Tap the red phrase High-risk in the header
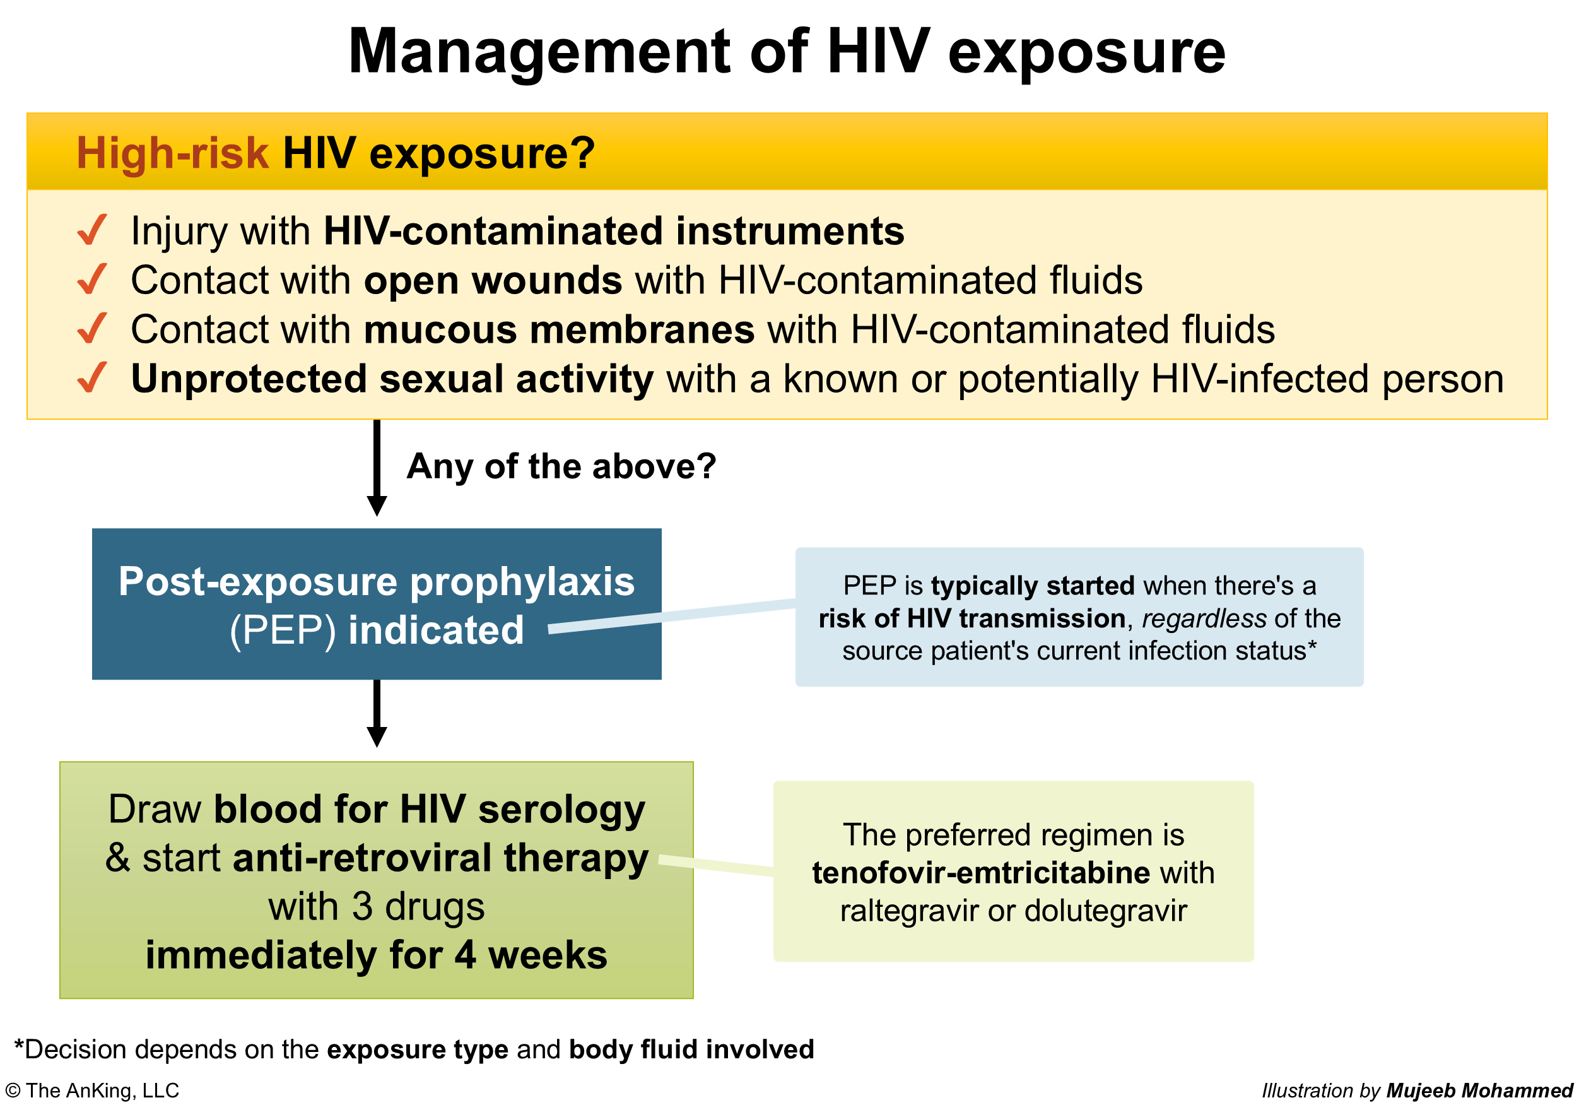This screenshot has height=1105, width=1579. click(172, 152)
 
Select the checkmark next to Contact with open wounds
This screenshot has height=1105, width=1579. click(92, 279)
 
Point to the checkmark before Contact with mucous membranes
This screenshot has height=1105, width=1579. click(92, 328)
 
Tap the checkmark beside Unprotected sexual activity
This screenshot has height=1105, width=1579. click(92, 378)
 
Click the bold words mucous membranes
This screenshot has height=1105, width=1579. click(559, 329)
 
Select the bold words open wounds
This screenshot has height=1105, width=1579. click(493, 281)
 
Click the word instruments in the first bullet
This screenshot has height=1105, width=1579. click(790, 230)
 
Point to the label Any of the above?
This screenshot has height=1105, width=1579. click(561, 466)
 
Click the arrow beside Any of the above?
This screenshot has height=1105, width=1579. click(377, 468)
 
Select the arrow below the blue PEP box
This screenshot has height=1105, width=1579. click(377, 714)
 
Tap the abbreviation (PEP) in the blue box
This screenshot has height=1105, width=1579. click(283, 630)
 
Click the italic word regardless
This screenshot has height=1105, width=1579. click(1204, 618)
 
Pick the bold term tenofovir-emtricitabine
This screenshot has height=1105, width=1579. click(981, 872)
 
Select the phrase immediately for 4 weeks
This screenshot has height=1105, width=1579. click(376, 955)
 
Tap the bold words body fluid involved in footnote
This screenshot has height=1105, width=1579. click(691, 1049)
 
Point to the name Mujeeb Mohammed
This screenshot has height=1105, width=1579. click(1479, 1090)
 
